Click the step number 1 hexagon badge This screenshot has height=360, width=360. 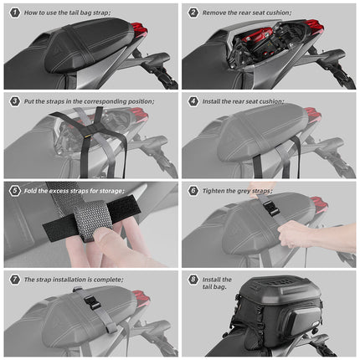click(x=14, y=13)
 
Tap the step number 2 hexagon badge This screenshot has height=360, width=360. click(x=193, y=13)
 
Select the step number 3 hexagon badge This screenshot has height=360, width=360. click(x=14, y=101)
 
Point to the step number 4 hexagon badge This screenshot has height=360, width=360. click(x=193, y=101)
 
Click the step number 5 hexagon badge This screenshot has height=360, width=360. click(x=14, y=191)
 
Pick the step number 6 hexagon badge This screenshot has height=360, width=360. click(x=193, y=191)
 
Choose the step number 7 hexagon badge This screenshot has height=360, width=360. click(x=14, y=280)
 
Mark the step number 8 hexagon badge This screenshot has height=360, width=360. click(x=193, y=280)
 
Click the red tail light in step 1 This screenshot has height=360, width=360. click(x=140, y=29)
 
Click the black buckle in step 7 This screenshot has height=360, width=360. click(x=91, y=303)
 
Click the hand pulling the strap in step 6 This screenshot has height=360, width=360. click(x=300, y=234)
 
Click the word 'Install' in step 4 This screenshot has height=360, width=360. click(x=211, y=101)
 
